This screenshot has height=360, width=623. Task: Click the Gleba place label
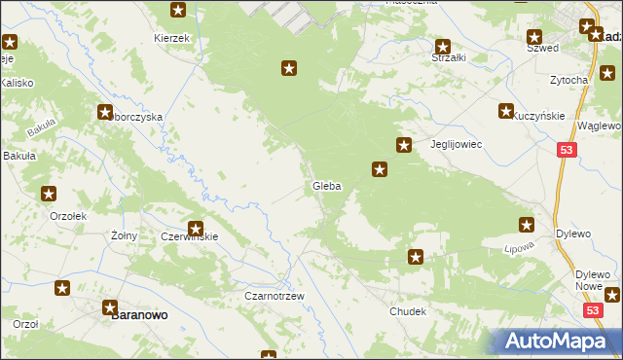[326, 186]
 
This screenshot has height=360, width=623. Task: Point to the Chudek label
[408, 311]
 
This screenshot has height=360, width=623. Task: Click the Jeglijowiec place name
[457, 144]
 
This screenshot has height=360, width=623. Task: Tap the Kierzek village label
[170, 38]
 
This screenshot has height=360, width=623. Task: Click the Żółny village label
[124, 235]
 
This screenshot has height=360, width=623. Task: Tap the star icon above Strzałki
[443, 46]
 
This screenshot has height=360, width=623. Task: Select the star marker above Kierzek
[178, 11]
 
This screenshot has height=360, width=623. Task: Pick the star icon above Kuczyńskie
[506, 112]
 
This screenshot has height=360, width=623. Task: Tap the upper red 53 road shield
[568, 150]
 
